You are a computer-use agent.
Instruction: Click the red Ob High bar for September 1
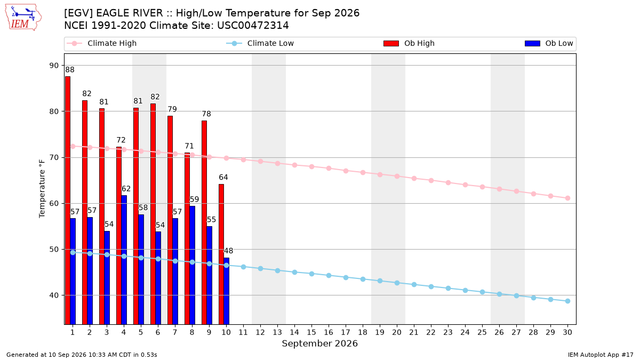pyautogui.click(x=68, y=201)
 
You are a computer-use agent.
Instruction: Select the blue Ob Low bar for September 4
pyautogui.click(x=124, y=260)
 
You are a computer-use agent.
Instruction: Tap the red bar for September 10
pyautogui.click(x=221, y=254)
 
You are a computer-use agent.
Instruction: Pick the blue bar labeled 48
pyautogui.click(x=226, y=291)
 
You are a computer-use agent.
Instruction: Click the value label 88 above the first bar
pyautogui.click(x=70, y=70)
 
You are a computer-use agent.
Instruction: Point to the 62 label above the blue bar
pyautogui.click(x=126, y=189)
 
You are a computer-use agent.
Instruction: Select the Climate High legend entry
pyautogui.click(x=102, y=43)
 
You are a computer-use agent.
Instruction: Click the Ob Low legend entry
pyautogui.click(x=549, y=43)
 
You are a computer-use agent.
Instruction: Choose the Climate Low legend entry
pyautogui.click(x=260, y=43)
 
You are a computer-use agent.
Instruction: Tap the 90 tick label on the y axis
pyautogui.click(x=54, y=66)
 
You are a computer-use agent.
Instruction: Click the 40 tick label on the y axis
pyautogui.click(x=54, y=295)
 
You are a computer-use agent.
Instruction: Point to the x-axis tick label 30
pyautogui.click(x=567, y=332)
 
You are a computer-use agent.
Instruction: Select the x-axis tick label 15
pyautogui.click(x=311, y=332)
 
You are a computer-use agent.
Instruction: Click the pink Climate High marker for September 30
pyautogui.click(x=567, y=198)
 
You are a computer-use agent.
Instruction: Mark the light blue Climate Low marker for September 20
pyautogui.click(x=397, y=283)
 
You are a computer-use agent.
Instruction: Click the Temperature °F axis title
pyautogui.click(x=42, y=189)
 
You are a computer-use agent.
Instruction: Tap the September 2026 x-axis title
pyautogui.click(x=319, y=343)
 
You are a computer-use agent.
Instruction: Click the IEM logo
pyautogui.click(x=23, y=18)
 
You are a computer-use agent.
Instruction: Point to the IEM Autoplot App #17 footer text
pyautogui.click(x=601, y=355)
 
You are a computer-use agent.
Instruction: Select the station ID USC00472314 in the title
pyautogui.click(x=253, y=26)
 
